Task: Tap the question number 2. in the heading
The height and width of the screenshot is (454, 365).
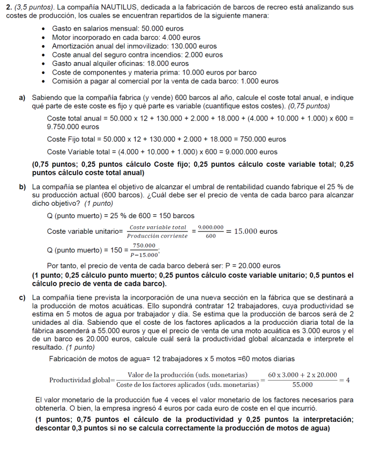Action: click(9, 7)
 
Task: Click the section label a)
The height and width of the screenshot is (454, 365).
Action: click(23, 98)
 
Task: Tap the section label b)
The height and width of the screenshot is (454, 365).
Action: click(23, 187)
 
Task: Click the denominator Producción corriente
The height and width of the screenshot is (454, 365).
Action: click(158, 236)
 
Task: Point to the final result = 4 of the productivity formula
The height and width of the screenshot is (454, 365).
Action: click(345, 379)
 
